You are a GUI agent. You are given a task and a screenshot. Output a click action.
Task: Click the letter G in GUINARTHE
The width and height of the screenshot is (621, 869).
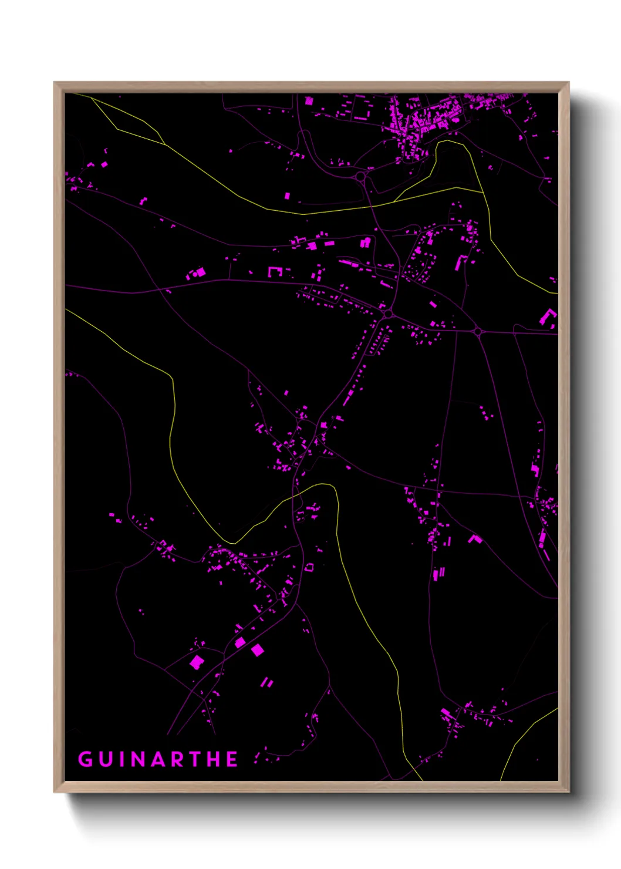point(86,759)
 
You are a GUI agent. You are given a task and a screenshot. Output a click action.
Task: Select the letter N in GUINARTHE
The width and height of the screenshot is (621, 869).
point(139,759)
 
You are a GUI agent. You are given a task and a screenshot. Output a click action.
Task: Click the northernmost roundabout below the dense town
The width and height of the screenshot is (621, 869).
point(360,176)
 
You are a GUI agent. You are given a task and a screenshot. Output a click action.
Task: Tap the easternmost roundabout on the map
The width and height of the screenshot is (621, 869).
point(478,332)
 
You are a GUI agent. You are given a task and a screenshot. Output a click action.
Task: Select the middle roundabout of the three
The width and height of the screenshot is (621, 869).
point(388,315)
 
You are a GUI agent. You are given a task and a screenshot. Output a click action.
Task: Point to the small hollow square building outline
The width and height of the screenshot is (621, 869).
point(309,567)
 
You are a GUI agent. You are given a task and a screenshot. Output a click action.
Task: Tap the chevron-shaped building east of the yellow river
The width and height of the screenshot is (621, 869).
point(474,538)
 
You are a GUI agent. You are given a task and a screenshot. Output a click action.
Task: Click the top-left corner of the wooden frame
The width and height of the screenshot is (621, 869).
point(55,83)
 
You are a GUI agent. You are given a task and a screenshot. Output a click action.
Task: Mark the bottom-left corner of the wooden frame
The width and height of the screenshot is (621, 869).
point(55,791)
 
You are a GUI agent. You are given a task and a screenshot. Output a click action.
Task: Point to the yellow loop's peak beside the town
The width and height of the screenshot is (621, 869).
point(450,141)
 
